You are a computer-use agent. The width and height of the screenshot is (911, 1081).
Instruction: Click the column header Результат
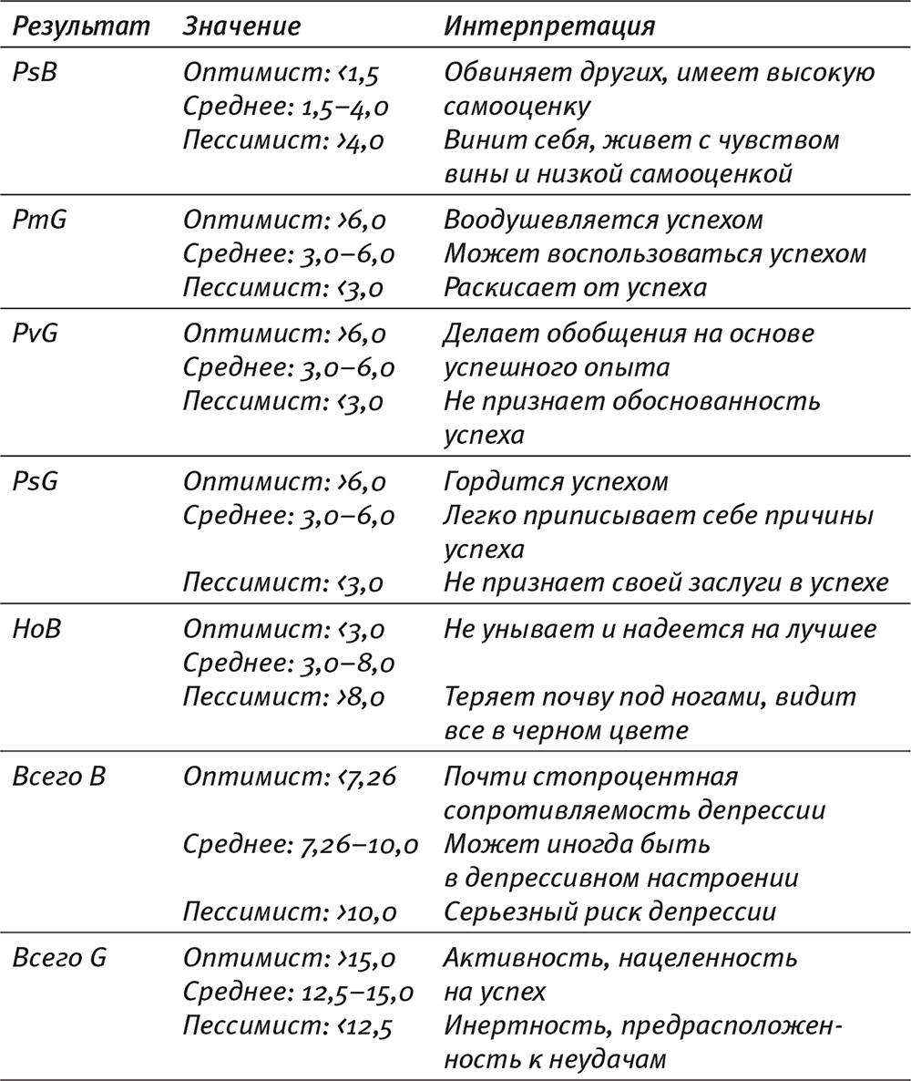80,27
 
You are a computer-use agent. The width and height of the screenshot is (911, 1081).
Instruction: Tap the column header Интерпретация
549,27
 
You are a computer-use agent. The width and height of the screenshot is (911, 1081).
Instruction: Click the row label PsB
36,72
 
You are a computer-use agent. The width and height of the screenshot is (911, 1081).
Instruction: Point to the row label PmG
40,221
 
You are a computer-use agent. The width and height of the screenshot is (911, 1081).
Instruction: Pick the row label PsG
36,481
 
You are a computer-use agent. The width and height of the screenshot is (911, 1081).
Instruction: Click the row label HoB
37,629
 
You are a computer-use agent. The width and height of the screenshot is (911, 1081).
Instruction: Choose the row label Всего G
58,959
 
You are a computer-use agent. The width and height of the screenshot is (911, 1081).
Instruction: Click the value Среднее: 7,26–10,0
301,845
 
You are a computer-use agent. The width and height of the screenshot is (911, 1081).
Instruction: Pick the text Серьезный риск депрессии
609,913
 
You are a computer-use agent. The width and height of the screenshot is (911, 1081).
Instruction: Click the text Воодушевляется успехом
603,221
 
